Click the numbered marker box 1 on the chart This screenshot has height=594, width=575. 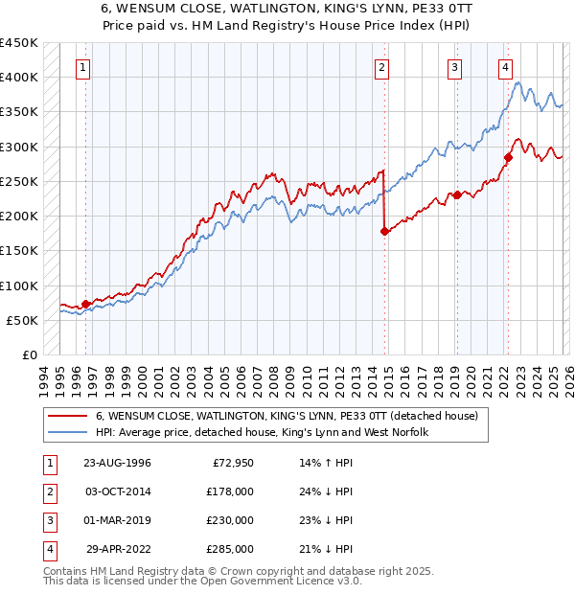[x=84, y=68]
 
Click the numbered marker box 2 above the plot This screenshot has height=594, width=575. [x=382, y=68]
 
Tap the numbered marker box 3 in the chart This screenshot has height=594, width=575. [x=454, y=68]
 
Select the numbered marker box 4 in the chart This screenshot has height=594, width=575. [x=505, y=68]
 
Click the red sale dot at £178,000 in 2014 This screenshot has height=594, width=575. [x=384, y=231]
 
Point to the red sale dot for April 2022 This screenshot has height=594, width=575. [x=508, y=157]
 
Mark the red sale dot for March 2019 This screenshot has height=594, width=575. [x=457, y=194]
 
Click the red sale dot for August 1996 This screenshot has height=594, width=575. [x=86, y=304]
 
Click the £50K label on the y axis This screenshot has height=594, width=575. [x=22, y=320]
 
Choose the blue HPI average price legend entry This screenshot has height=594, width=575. [x=261, y=433]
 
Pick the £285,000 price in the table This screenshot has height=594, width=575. [x=228, y=549]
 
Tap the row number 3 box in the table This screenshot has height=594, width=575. [x=49, y=520]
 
